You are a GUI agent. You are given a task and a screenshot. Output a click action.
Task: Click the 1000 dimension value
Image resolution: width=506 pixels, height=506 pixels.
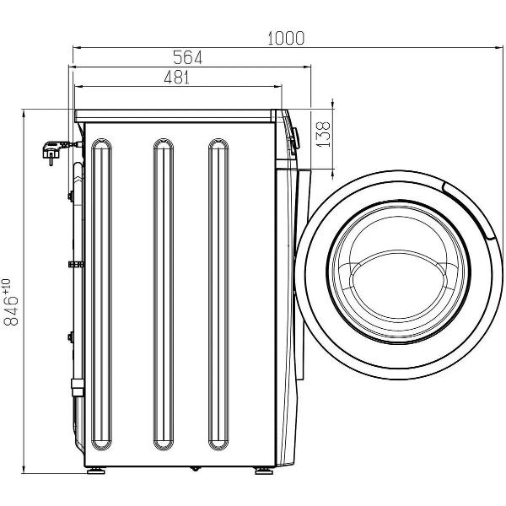[286, 38]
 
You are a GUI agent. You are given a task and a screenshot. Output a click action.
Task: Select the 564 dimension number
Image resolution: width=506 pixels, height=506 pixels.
[187, 57]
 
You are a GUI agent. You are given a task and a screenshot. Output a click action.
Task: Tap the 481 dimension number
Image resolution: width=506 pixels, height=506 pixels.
[177, 78]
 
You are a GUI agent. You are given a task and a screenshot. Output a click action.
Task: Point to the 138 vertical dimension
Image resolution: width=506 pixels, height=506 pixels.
[323, 134]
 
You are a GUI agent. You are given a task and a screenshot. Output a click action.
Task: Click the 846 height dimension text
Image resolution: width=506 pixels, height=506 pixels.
[11, 310]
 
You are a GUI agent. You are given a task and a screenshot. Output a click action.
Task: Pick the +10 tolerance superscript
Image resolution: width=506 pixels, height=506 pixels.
[7, 287]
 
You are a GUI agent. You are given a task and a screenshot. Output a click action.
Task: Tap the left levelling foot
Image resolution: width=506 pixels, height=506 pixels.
[96, 471]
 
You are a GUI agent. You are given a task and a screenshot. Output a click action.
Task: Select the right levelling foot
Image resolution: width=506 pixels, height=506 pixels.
[264, 471]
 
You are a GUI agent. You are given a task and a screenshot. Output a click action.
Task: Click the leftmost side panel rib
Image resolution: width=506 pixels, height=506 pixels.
[101, 294]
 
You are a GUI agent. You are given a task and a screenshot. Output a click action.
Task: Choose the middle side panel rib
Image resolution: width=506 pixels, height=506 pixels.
[164, 294]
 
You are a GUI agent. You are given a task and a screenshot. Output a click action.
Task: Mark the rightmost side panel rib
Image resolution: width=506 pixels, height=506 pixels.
[218, 294]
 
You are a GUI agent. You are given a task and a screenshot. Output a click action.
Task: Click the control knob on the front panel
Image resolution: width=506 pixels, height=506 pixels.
[295, 138]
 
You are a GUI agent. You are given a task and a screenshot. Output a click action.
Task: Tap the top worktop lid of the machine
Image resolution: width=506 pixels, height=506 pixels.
[175, 116]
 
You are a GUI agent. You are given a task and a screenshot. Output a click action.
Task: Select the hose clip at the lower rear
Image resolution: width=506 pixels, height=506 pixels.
[78, 387]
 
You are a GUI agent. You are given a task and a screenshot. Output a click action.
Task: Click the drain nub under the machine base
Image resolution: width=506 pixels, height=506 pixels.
[195, 469]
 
